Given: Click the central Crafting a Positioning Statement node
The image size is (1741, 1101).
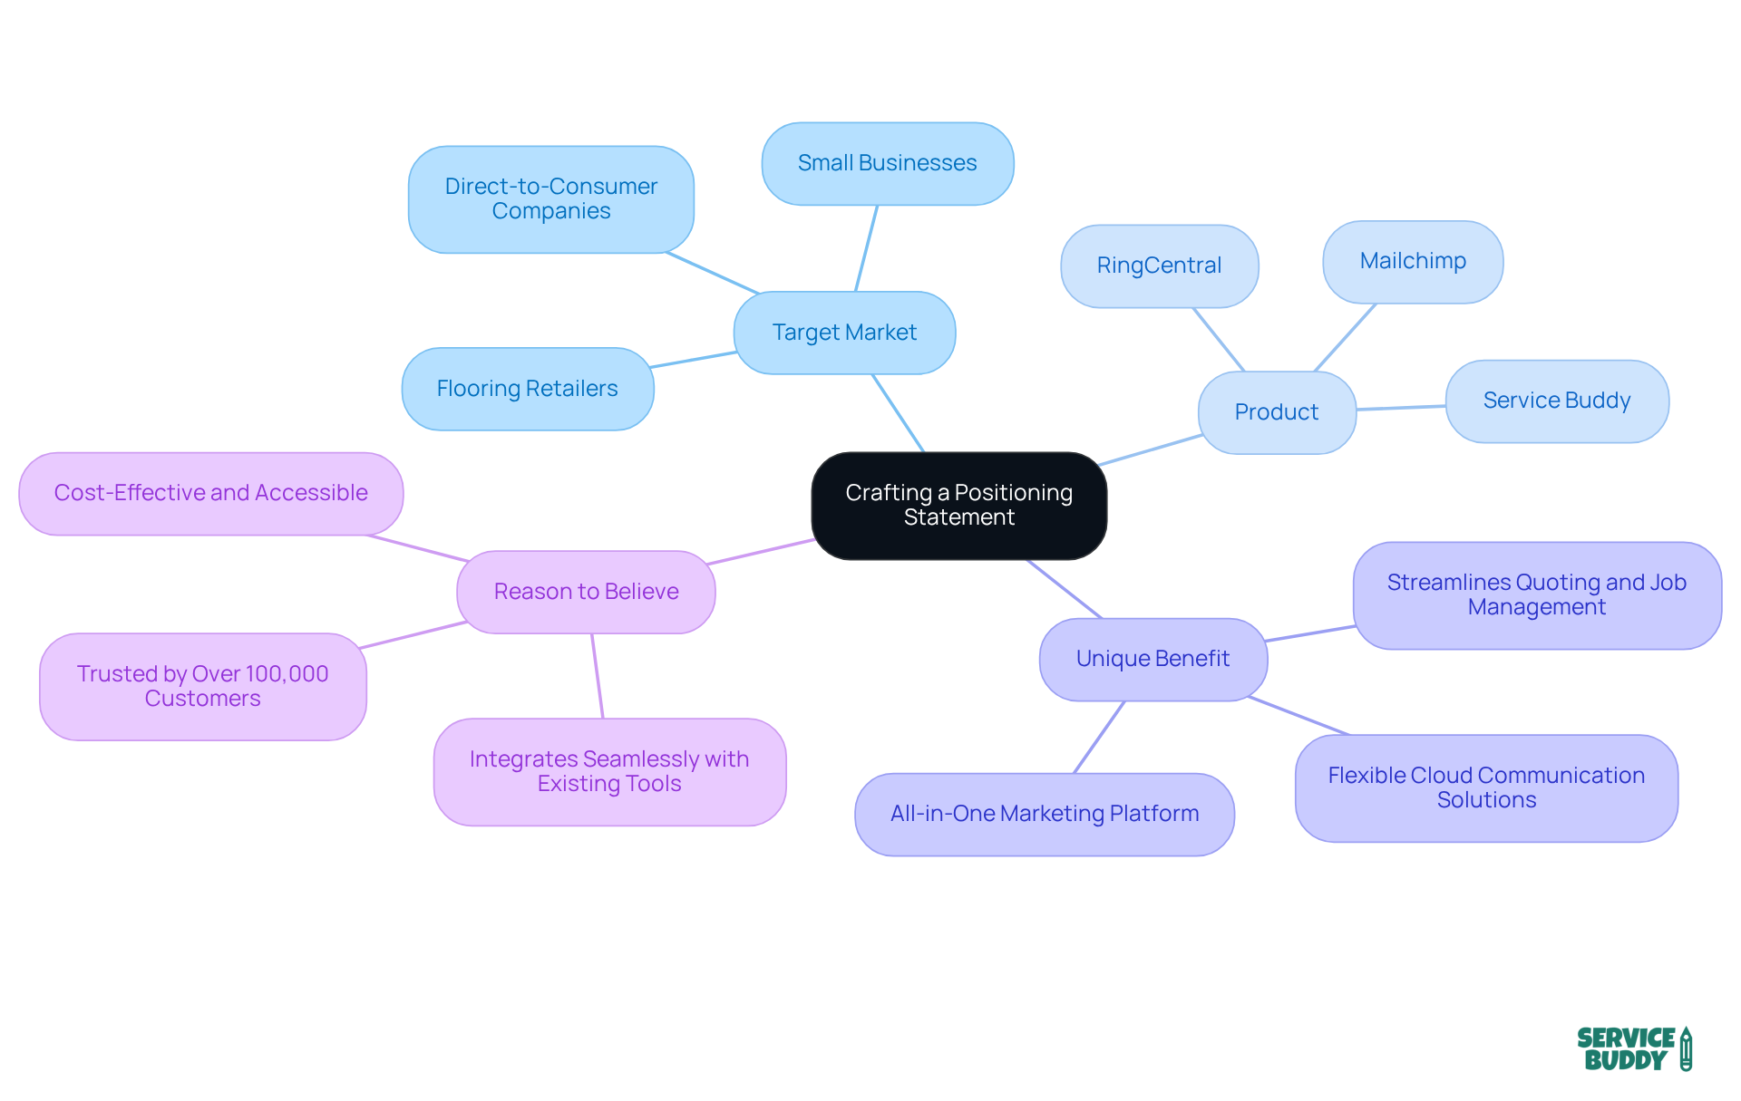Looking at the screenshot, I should (x=958, y=505).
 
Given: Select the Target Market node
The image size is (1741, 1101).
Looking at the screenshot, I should (x=844, y=333).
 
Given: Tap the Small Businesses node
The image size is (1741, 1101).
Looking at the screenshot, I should (x=887, y=163).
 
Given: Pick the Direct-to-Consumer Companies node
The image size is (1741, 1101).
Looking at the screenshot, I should (x=551, y=198).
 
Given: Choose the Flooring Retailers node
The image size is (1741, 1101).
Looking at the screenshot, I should (x=527, y=389).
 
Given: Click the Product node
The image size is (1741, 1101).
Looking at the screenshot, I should (x=1276, y=412).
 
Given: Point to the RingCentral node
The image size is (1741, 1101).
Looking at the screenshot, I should (x=1159, y=266).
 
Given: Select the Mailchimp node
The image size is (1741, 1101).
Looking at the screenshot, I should (x=1412, y=261).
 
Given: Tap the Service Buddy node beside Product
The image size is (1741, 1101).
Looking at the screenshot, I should (x=1556, y=401).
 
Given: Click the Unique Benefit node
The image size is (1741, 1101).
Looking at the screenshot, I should (x=1153, y=659).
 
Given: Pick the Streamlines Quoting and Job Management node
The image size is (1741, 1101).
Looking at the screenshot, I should (x=1536, y=594).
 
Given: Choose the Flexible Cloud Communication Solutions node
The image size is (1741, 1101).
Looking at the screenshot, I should (x=1486, y=787).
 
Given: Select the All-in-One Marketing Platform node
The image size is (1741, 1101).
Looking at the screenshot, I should (x=1045, y=814).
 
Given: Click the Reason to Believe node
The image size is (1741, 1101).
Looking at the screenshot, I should (x=586, y=592).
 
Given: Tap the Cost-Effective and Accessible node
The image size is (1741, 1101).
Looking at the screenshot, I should (x=210, y=493).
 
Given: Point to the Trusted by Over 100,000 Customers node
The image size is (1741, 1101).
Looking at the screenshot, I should (x=202, y=686).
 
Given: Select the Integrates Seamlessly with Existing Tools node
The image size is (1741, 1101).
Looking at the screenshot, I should (x=609, y=771).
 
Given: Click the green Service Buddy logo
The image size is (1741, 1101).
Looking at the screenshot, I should (x=1633, y=1048).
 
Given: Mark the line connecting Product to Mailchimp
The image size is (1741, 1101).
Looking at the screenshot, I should (x=1346, y=337).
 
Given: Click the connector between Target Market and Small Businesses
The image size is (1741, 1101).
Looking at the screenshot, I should (x=867, y=247).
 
